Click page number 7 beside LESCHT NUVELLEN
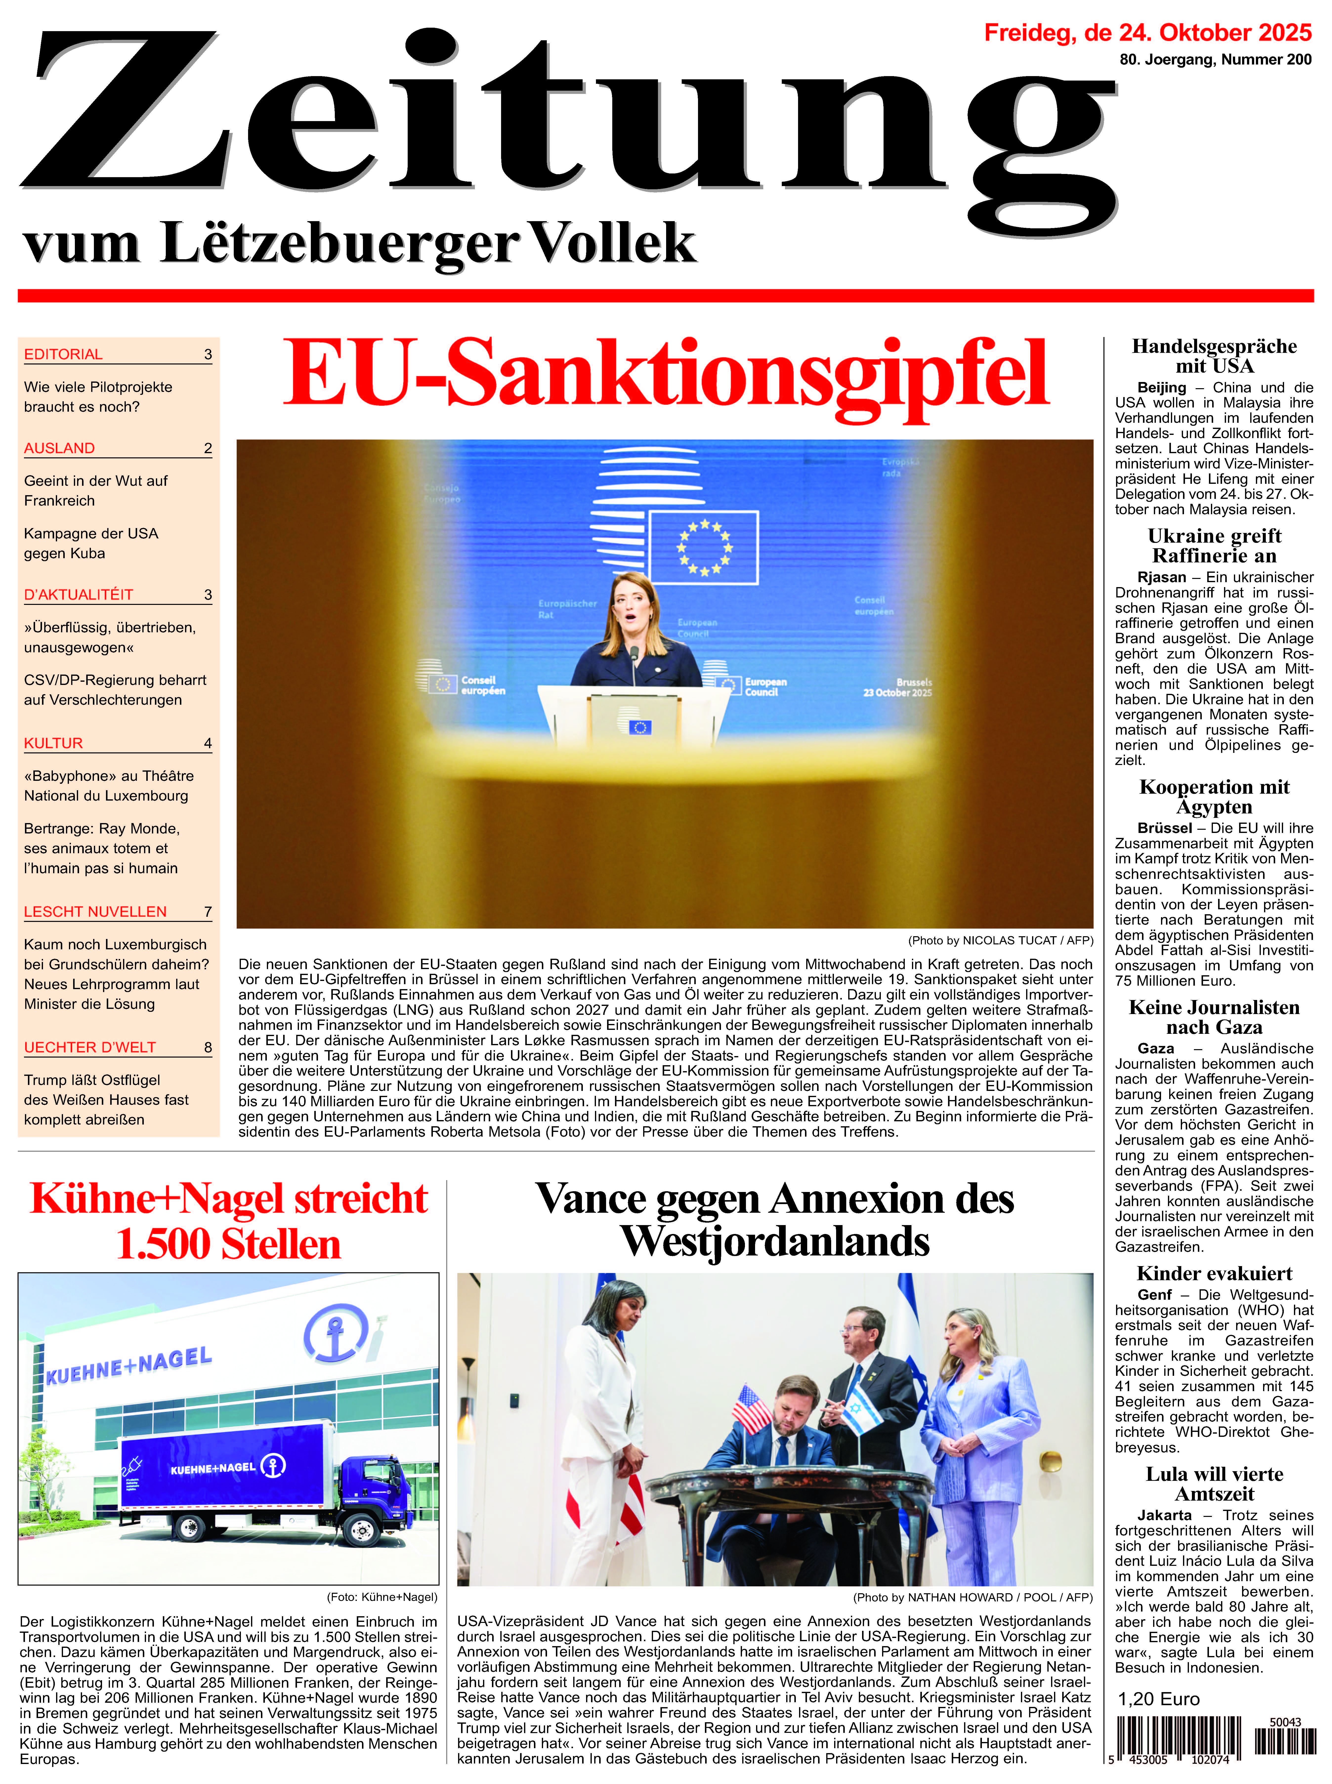click(x=208, y=912)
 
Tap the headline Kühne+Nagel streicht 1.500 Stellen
click(x=229, y=1220)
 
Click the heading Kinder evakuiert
click(x=1213, y=1274)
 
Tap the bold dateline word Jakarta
click(x=1163, y=1516)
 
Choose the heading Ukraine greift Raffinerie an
click(x=1213, y=546)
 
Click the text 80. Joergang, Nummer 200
click(x=1215, y=60)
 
